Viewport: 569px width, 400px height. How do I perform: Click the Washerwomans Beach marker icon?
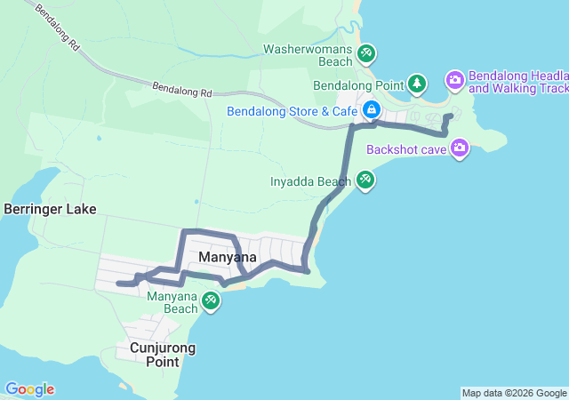coord(366,54)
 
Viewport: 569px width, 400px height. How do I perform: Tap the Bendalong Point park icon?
coord(417,84)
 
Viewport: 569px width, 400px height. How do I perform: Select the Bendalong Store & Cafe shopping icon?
coord(371,111)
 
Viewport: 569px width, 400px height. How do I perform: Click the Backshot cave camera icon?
coord(460,148)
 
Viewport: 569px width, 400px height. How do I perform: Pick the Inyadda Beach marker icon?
coord(365,181)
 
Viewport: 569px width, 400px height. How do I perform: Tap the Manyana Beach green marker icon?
coord(210,300)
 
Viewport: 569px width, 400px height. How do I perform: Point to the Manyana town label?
coord(228,257)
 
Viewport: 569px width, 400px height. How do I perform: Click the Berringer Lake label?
coord(50,210)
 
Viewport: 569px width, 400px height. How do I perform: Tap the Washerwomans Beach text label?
coord(309,55)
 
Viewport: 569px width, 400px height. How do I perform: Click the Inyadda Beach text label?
coord(310,182)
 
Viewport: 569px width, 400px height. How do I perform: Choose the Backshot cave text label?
coord(405,149)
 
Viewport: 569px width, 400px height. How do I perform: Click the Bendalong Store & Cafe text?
coord(292,111)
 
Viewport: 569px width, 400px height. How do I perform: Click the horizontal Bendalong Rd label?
coord(182,90)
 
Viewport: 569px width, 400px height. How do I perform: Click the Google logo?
coord(29,389)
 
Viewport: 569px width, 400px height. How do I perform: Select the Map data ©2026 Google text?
coord(514,393)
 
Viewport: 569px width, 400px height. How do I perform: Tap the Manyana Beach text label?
coord(172,302)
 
